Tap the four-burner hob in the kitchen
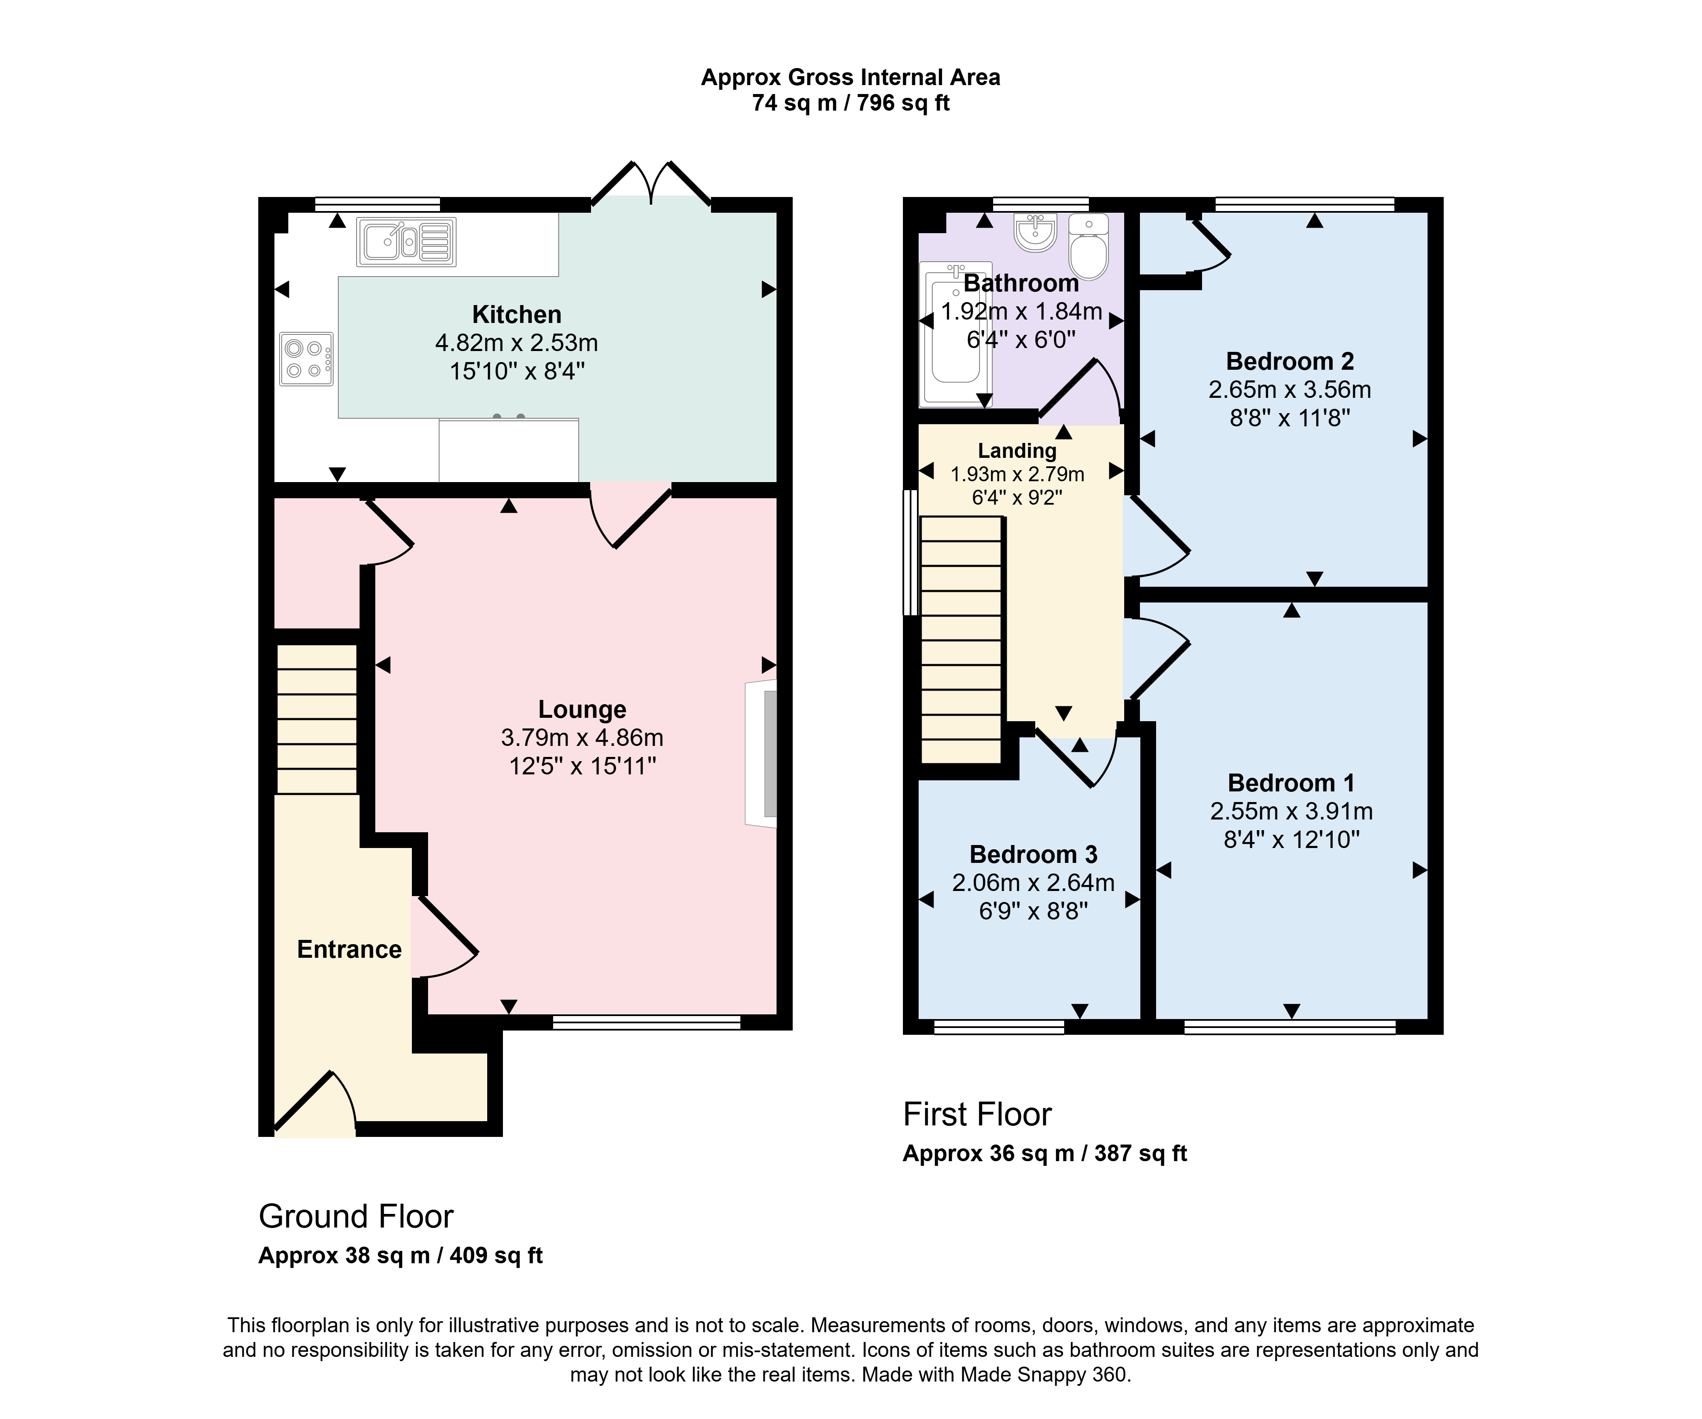(306, 359)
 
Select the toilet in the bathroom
(1088, 246)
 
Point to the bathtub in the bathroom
(956, 334)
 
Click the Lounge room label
(582, 709)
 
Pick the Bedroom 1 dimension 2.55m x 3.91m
(1291, 811)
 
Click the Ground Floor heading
(356, 1216)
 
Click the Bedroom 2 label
(1289, 361)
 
